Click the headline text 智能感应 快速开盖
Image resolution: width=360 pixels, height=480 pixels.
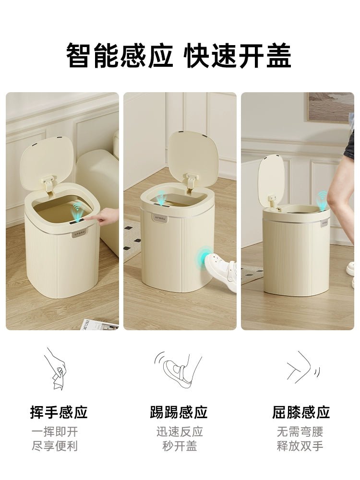click(x=179, y=56)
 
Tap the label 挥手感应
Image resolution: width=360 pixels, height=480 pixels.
click(x=59, y=412)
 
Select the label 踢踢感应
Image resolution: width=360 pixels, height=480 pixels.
click(x=179, y=412)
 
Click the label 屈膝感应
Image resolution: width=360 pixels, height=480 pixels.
click(x=301, y=412)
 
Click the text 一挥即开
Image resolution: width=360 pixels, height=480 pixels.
click(x=54, y=432)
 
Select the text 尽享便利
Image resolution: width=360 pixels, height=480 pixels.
click(x=54, y=446)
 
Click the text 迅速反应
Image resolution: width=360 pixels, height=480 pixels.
click(x=179, y=432)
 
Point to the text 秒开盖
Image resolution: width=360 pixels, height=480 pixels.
click(x=179, y=446)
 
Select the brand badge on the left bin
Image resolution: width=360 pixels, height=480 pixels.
click(x=79, y=233)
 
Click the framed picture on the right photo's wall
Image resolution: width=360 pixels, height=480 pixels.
click(x=330, y=107)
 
